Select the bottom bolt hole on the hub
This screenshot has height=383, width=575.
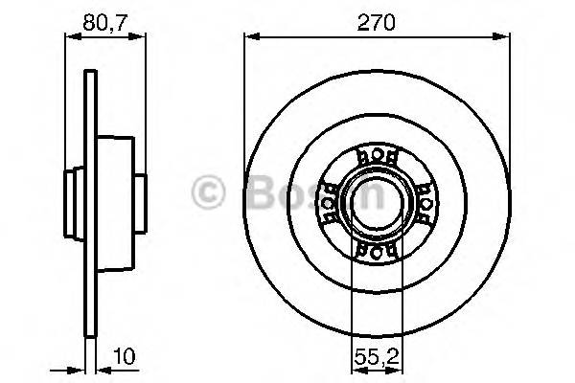pos(374,251)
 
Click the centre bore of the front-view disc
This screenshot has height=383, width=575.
pos(374,203)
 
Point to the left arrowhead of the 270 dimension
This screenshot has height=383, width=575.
pos(250,37)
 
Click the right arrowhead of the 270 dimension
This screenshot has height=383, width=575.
pos(499,37)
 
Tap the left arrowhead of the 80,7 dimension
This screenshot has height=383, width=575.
pos(70,37)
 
